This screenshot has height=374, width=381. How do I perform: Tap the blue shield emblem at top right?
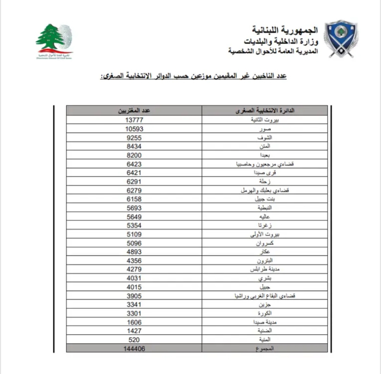point(341,39)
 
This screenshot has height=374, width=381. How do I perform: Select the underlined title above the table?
point(193,76)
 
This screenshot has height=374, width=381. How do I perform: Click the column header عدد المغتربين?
point(134,111)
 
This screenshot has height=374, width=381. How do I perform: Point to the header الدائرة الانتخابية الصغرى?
point(265,111)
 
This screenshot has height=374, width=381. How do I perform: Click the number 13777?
point(134,120)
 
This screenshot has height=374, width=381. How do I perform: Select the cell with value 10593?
point(134,129)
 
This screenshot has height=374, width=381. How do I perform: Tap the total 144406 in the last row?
point(134,349)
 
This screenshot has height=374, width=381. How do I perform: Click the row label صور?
point(265,129)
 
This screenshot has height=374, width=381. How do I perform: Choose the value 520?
point(134,340)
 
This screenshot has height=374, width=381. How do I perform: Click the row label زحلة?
point(265,182)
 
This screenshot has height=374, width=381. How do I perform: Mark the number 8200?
point(134,155)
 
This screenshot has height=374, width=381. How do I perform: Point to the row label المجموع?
point(265,349)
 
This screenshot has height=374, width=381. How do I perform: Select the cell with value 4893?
point(134,252)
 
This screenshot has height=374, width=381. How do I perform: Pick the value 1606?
point(134,322)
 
